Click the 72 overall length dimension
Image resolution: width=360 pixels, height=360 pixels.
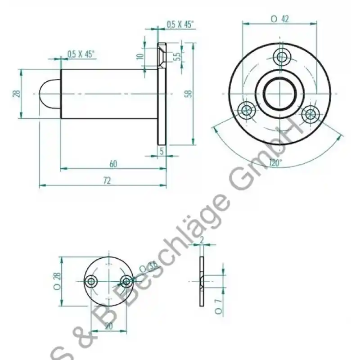pyautogui.click(x=107, y=180)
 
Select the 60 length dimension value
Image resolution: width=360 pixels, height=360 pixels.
pyautogui.click(x=113, y=164)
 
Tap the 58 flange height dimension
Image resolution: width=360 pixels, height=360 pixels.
pyautogui.click(x=189, y=94)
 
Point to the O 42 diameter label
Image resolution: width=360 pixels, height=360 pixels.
pyautogui.click(x=279, y=19)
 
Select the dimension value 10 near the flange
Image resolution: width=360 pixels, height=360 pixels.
pyautogui.click(x=140, y=56)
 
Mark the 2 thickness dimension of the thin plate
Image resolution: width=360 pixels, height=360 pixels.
pyautogui.click(x=202, y=241)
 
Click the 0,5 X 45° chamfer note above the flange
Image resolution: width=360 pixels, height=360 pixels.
pyautogui.click(x=180, y=25)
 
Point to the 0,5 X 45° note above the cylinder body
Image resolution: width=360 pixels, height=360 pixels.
pyautogui.click(x=81, y=54)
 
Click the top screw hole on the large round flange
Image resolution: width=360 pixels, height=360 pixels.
pyautogui.click(x=282, y=57)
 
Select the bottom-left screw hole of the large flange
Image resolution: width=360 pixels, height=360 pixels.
pyautogui.click(x=247, y=109)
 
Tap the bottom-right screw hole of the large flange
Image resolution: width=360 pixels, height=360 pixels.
pyautogui.click(x=310, y=113)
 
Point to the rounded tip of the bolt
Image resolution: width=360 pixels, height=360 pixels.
pyautogui.click(x=49, y=93)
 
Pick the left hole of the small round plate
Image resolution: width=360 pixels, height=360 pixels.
pyautogui.click(x=92, y=282)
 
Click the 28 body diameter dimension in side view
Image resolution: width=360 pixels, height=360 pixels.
pyautogui.click(x=17, y=93)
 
